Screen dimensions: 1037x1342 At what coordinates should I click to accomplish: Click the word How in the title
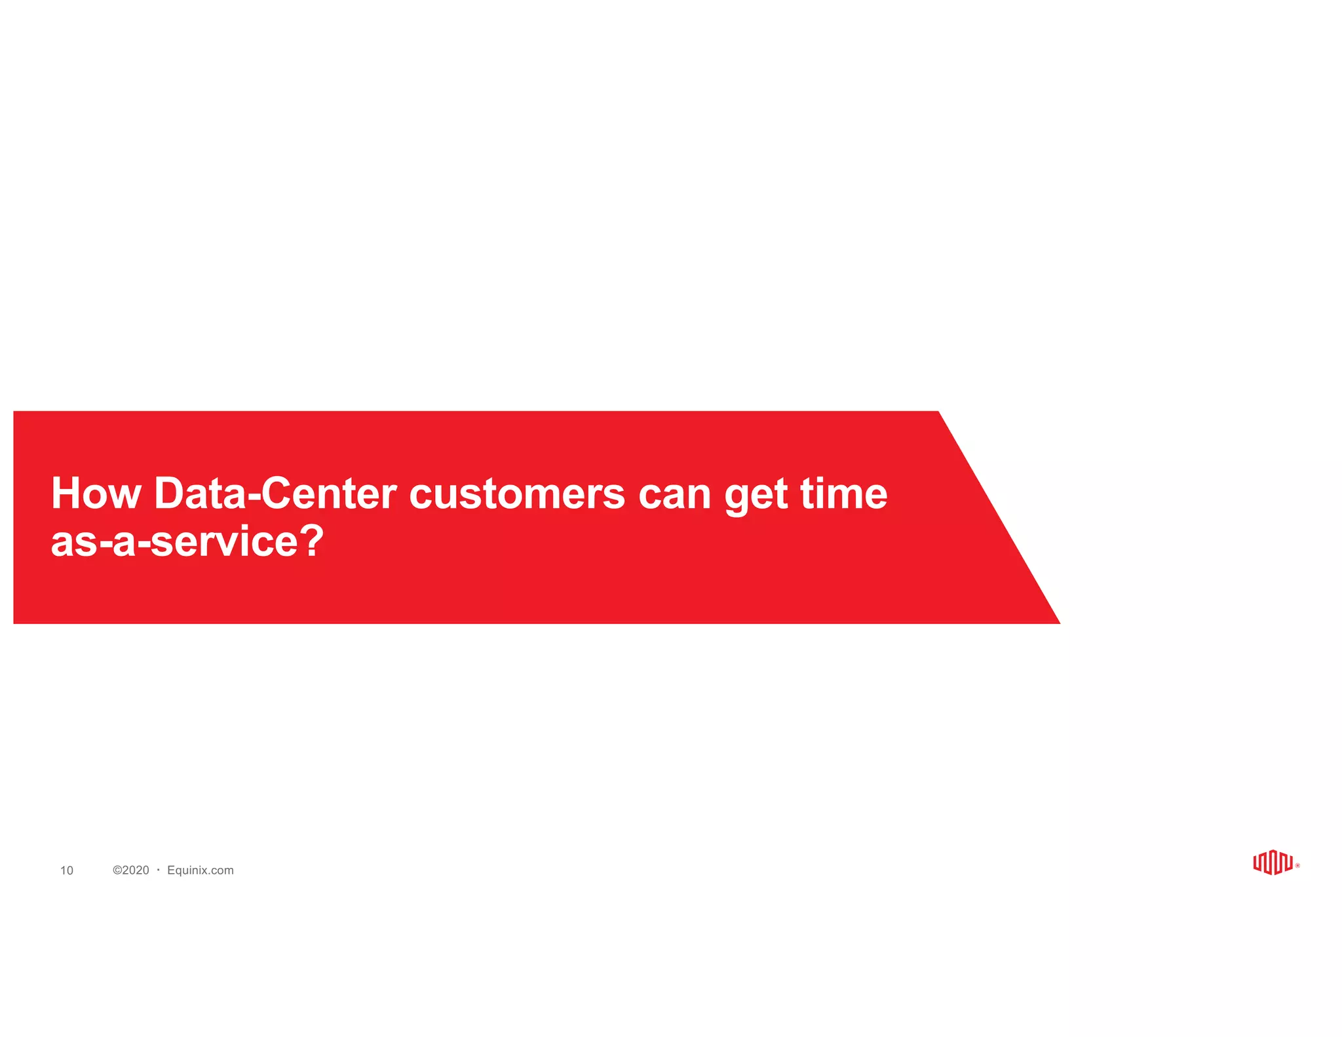coord(96,494)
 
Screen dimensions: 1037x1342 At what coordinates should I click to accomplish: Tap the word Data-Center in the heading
coord(275,494)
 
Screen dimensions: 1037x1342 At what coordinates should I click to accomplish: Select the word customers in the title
coord(516,494)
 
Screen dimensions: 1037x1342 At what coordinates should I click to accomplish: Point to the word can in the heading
coord(674,494)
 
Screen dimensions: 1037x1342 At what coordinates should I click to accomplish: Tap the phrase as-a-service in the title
coord(174,542)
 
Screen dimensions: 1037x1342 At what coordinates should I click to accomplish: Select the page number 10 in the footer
coord(67,871)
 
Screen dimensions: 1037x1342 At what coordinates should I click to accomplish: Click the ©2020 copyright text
coord(131,870)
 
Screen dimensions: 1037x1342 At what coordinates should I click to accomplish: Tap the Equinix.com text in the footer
coord(201,870)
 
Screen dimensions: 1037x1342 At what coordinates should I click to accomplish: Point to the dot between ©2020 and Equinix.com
coord(159,869)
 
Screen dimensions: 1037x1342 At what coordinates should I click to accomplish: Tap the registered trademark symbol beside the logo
coord(1297,866)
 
